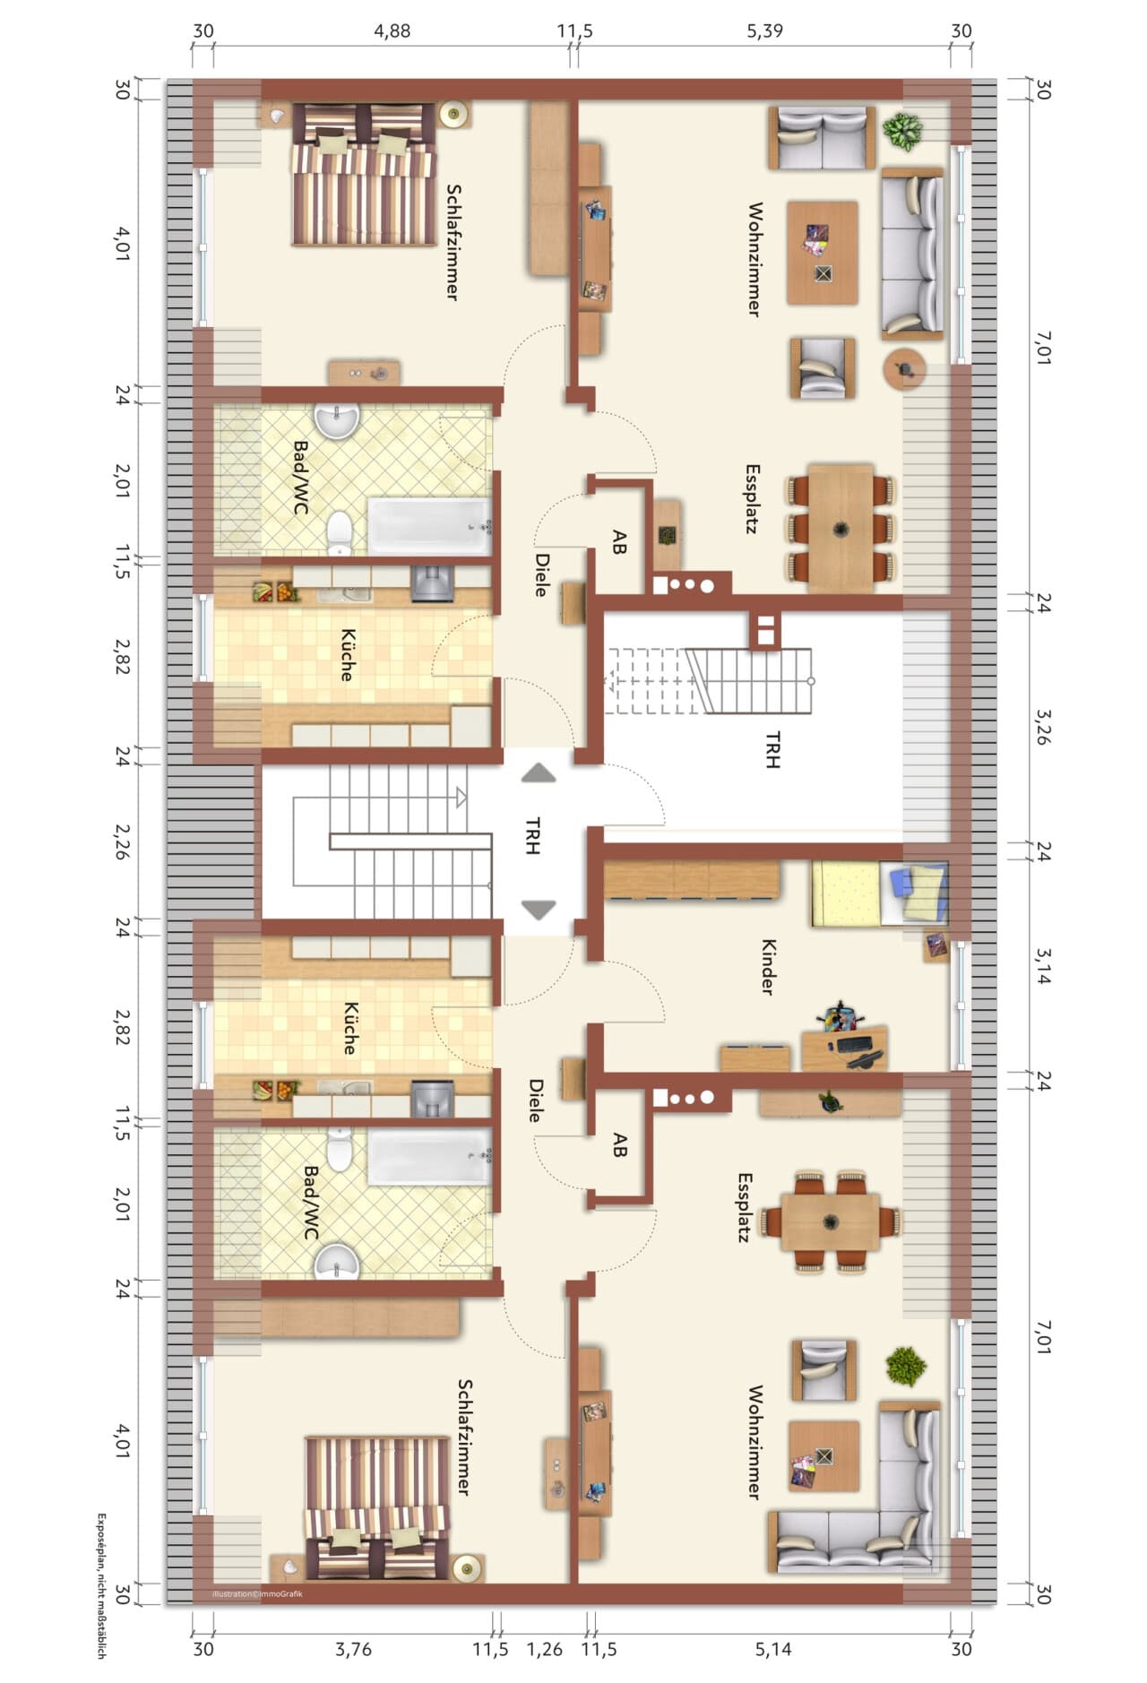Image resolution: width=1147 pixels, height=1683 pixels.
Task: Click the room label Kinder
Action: coord(768,967)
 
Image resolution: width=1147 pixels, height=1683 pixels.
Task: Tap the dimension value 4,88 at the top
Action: coord(392,30)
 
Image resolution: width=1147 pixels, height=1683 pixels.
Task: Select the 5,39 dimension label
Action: coord(764,30)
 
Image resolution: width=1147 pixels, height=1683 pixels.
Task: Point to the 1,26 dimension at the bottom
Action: coord(544,1649)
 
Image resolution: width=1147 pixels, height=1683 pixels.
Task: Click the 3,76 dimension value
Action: coord(353,1649)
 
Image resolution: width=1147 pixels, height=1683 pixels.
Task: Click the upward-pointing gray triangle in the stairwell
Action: coord(539,772)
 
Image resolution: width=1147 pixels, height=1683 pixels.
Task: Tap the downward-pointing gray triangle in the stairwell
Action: coord(539,910)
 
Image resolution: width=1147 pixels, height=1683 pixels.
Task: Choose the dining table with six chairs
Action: coord(841,528)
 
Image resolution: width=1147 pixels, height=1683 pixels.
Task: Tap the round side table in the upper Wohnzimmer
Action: coord(904,367)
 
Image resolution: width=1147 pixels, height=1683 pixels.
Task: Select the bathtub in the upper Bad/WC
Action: coord(430,527)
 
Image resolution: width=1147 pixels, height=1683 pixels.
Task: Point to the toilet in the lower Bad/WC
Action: coord(339,1149)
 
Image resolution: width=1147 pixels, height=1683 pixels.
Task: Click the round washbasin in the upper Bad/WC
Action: coord(337,419)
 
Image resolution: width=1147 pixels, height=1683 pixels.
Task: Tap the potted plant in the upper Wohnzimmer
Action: coord(902,132)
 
